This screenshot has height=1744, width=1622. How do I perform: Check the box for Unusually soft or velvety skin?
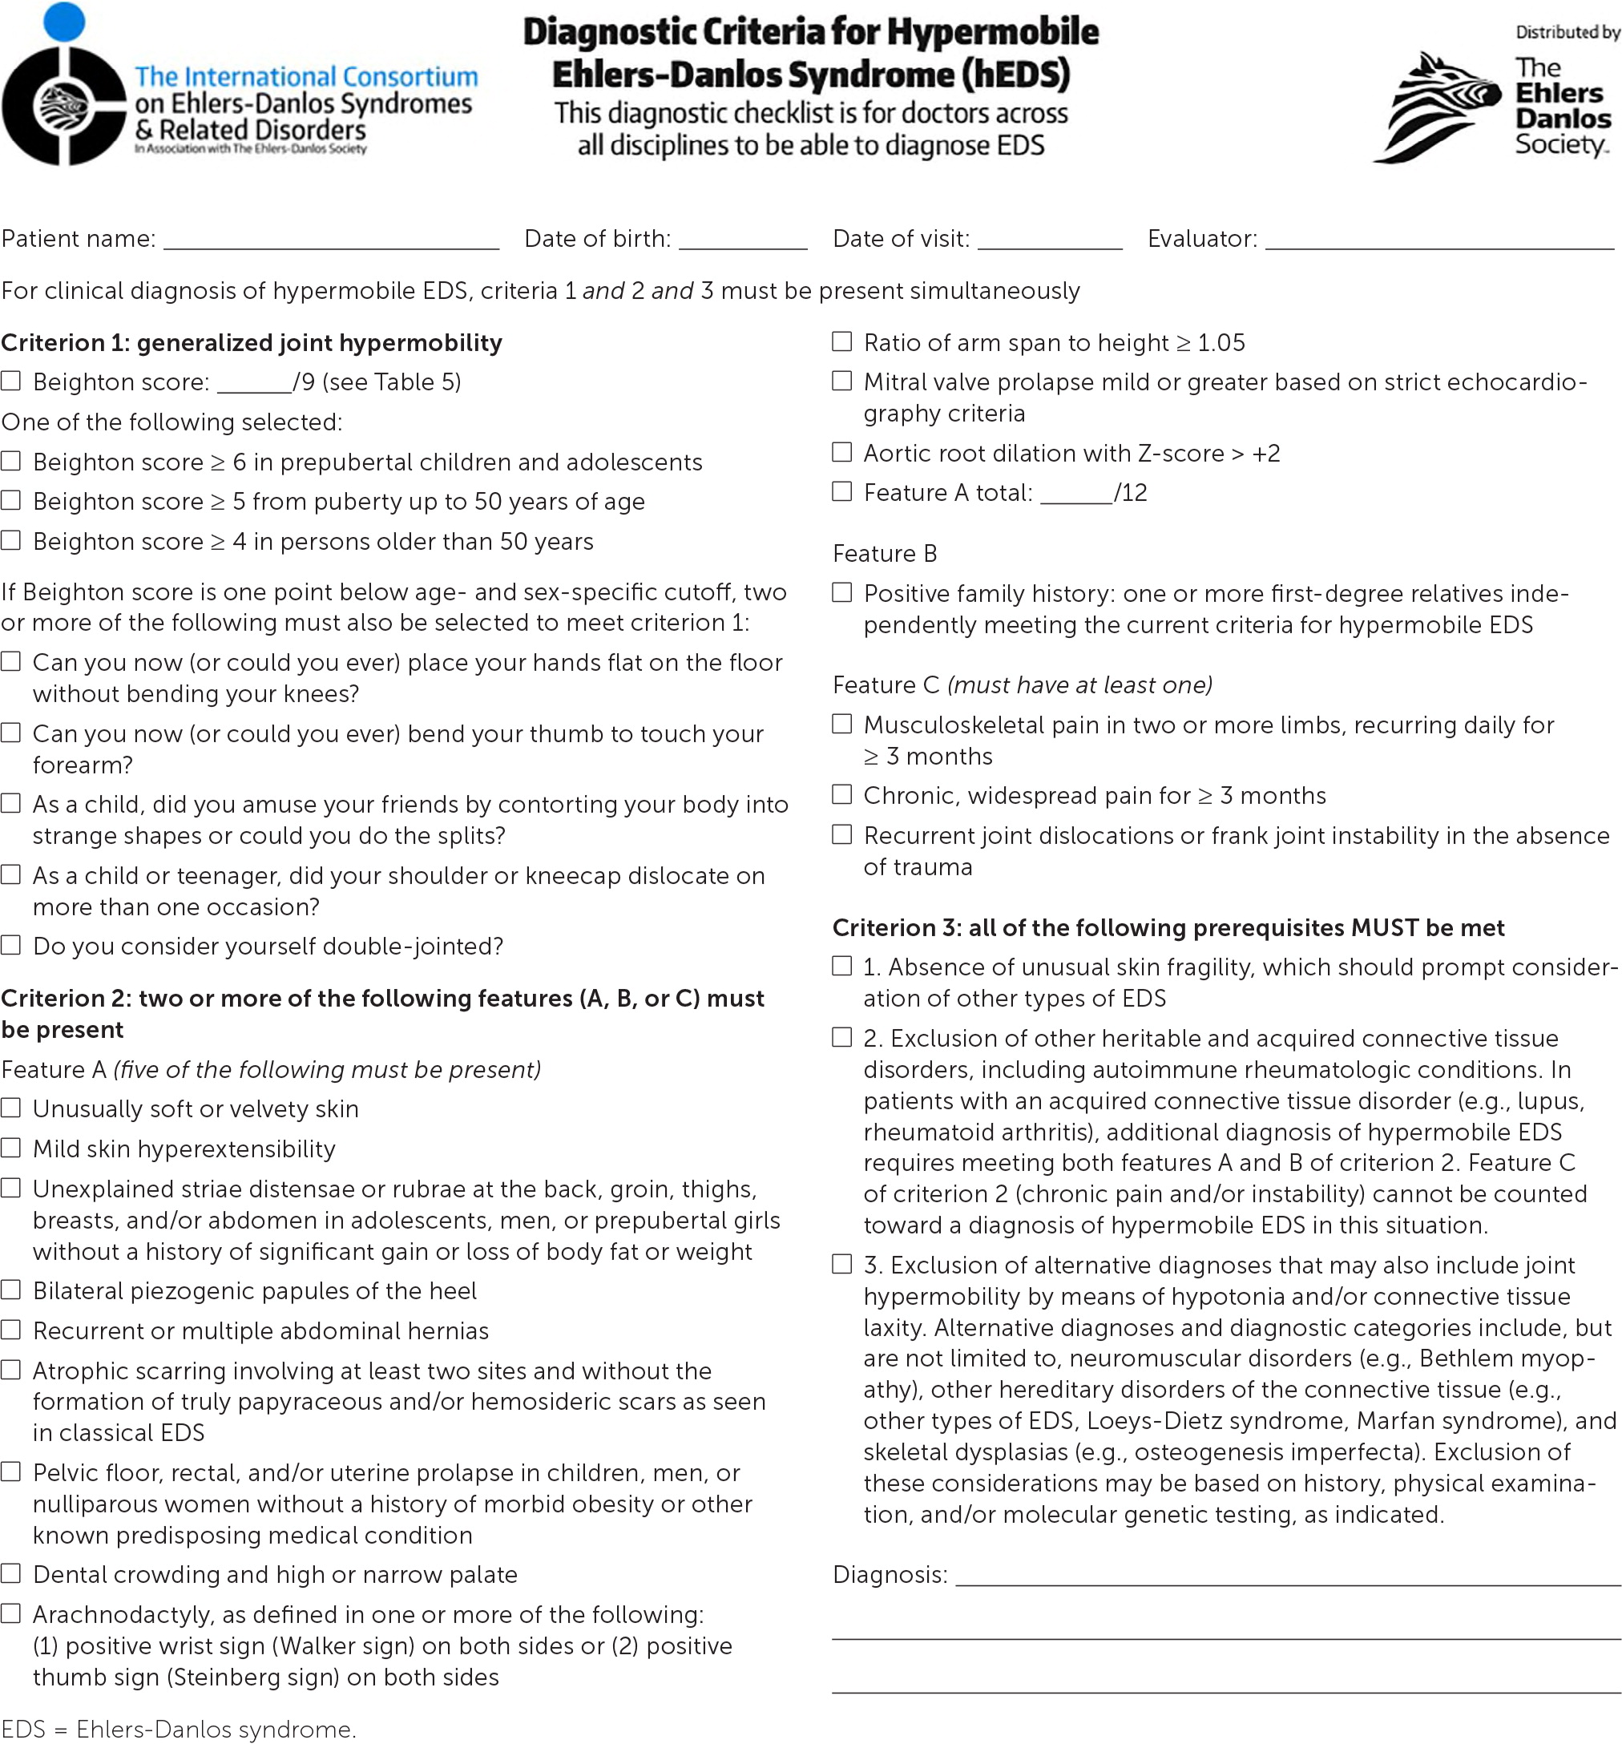pos(10,1108)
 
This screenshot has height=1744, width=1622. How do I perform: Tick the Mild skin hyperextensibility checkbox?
pos(10,1148)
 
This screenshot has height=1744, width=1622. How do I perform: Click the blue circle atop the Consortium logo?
pos(64,21)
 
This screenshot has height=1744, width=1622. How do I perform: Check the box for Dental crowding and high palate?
pos(10,1573)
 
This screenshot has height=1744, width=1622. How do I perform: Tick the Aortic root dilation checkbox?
pos(841,452)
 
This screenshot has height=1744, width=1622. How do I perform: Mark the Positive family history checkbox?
pos(841,592)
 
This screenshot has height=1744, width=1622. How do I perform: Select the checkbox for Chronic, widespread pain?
pos(841,794)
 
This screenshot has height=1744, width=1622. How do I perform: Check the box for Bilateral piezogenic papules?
pos(10,1290)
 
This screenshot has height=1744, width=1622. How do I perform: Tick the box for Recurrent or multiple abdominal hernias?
pos(10,1330)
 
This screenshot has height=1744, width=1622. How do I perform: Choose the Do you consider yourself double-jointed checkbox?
pos(10,945)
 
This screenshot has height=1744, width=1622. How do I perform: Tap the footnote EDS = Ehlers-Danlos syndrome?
pos(179,1729)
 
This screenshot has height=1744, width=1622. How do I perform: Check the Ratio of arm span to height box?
pos(841,341)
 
